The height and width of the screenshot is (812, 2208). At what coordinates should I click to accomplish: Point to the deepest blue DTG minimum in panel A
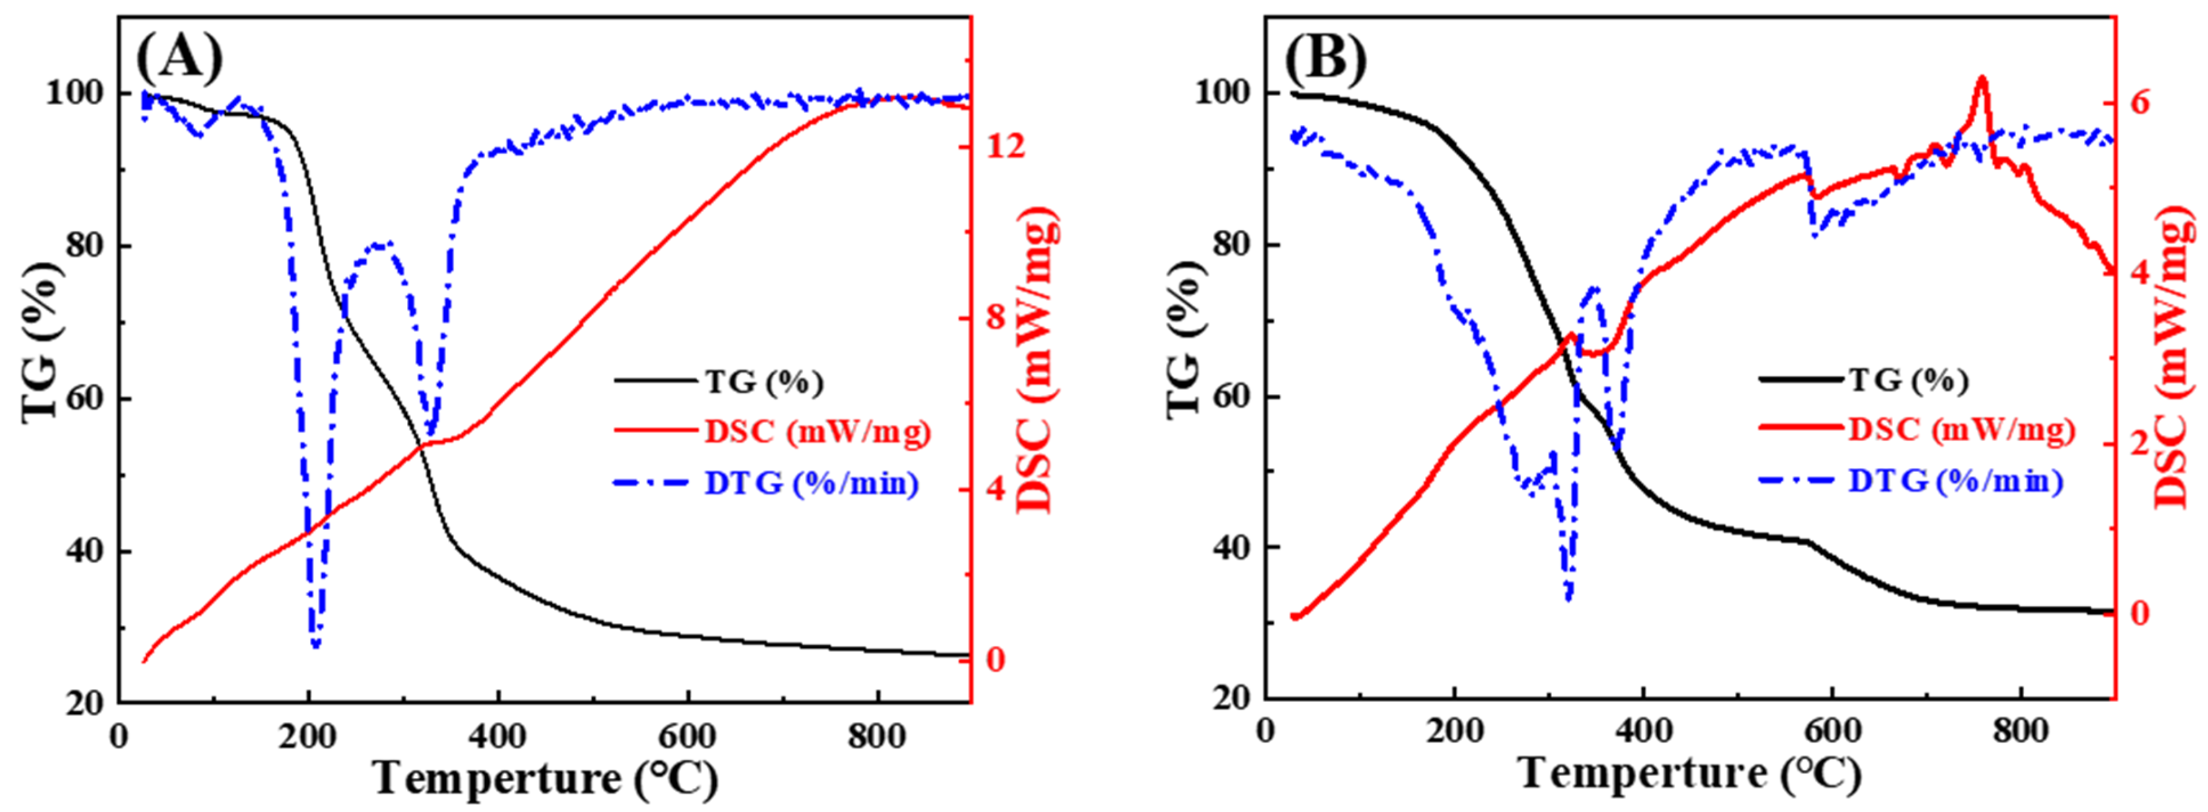[x=316, y=644]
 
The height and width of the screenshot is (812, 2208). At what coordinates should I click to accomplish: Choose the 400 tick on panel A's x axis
[x=498, y=735]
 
